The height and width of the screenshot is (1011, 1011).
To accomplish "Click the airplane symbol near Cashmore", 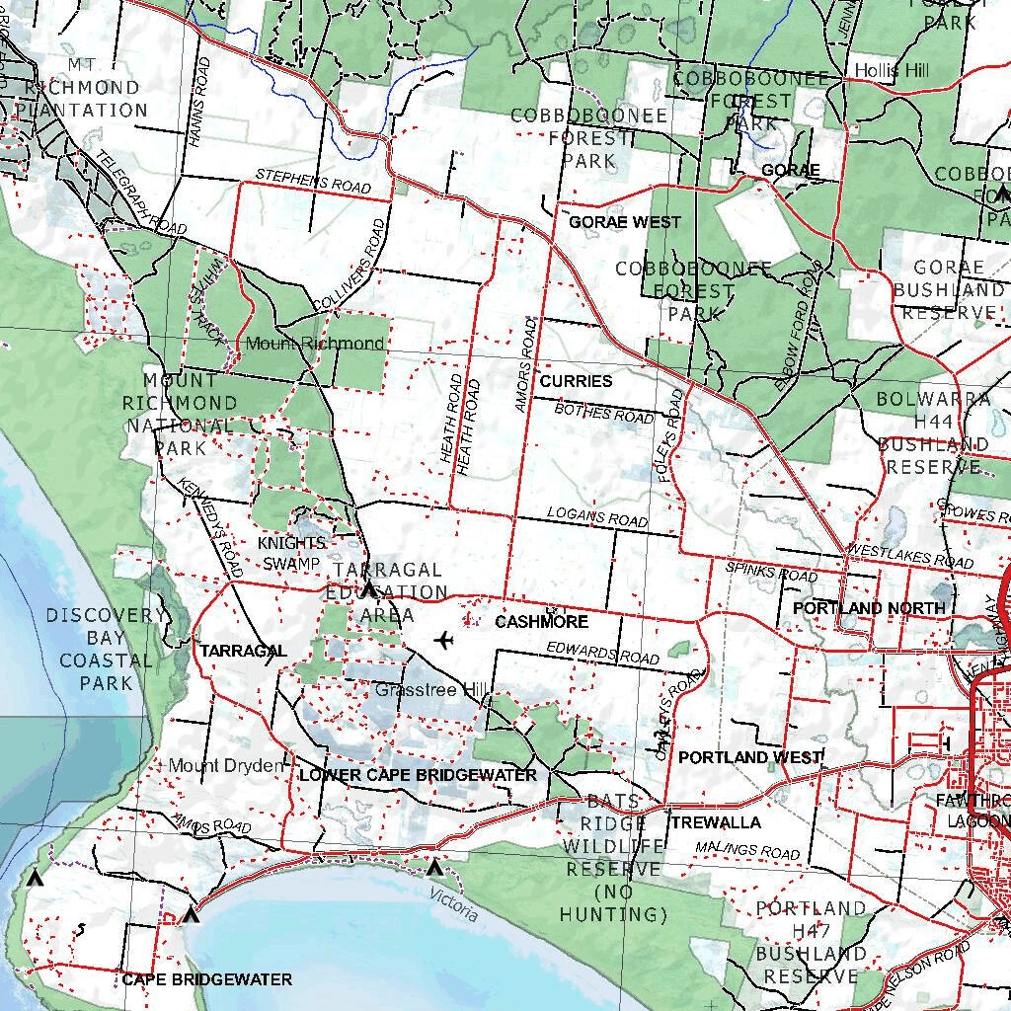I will (443, 641).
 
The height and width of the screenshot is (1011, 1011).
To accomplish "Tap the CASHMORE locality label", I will (541, 622).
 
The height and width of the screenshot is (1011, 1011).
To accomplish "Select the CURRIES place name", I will (576, 381).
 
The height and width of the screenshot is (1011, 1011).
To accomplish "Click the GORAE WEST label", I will (625, 223).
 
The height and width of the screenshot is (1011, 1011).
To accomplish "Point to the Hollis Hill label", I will (893, 71).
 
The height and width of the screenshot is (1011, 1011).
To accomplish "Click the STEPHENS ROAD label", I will (313, 181).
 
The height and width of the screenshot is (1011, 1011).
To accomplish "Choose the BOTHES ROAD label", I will (603, 412).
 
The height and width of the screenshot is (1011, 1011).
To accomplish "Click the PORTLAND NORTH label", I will (869, 608).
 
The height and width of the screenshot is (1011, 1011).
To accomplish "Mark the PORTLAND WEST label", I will (750, 757).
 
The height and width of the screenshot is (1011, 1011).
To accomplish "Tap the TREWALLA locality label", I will (716, 822).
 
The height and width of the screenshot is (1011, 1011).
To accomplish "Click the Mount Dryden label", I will (226, 766).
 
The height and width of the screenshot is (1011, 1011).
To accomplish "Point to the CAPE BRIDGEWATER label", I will (207, 979).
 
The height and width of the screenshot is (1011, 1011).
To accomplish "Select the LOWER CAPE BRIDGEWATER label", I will (418, 775).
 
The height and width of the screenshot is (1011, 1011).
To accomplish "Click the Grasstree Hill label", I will (416, 690).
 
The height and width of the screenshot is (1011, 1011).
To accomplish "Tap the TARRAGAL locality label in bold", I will (243, 651).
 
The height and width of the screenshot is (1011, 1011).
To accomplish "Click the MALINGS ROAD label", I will (746, 849).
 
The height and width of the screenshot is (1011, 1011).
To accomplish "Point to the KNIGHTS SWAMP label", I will (290, 554).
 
